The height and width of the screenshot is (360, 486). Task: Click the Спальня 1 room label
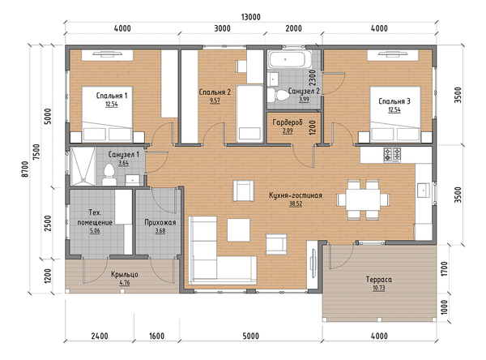click(x=112, y=96)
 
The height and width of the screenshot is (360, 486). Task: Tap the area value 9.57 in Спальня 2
click(x=215, y=101)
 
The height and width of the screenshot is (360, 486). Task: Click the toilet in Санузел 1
click(x=109, y=174)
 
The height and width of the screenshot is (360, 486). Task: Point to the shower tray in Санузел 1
click(x=83, y=166)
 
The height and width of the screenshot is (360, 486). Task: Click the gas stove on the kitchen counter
click(x=392, y=155)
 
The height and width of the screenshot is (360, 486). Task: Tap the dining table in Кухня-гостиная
click(x=363, y=199)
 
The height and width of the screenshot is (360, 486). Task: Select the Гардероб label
click(x=288, y=122)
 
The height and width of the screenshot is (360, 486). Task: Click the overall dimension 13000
click(x=251, y=17)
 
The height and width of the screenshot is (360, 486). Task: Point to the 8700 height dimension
click(x=25, y=169)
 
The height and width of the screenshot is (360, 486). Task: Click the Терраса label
click(x=379, y=279)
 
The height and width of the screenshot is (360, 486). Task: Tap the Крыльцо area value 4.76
click(x=124, y=283)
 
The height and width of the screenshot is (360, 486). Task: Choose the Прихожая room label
click(x=160, y=222)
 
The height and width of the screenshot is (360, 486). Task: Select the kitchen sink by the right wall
click(x=424, y=190)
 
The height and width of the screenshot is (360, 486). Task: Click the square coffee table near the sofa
click(x=238, y=229)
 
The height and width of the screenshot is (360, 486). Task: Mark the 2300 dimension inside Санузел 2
click(x=312, y=78)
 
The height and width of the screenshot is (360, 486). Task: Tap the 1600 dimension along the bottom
click(x=156, y=336)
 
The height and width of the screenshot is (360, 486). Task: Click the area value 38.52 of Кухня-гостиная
click(x=296, y=204)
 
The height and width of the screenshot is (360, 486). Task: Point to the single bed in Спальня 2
click(x=249, y=114)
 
